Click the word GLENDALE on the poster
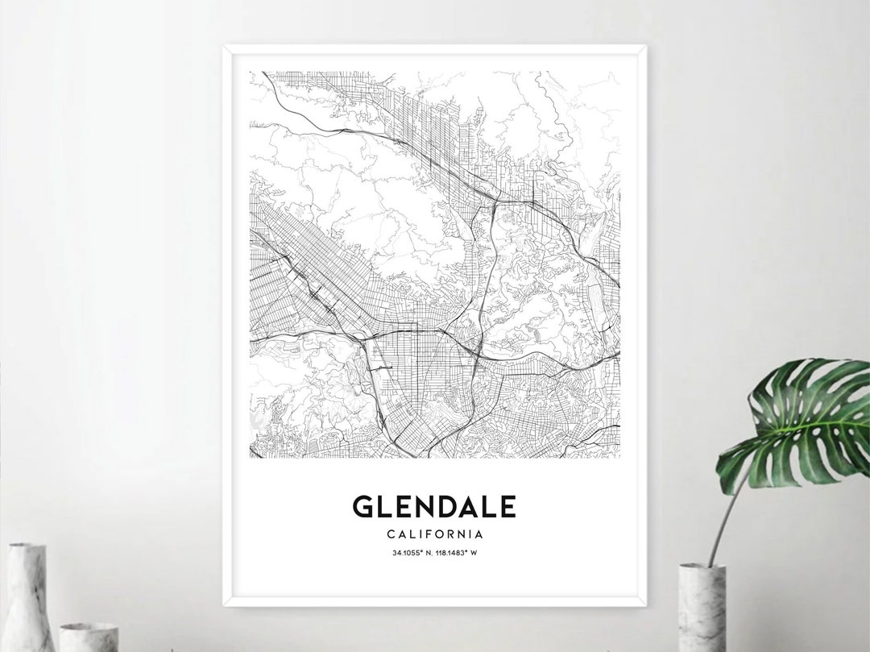434,506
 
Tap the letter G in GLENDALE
362,506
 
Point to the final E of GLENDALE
507,506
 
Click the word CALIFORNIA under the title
434,534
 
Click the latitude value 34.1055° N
411,553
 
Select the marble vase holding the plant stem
702,608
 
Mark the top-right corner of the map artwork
619,72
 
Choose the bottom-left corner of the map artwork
251,459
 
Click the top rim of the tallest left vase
27,546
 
